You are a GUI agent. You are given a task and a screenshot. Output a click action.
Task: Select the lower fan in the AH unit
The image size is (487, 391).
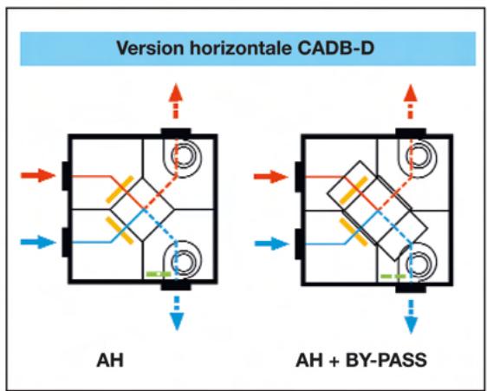pyautogui.click(x=183, y=259)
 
